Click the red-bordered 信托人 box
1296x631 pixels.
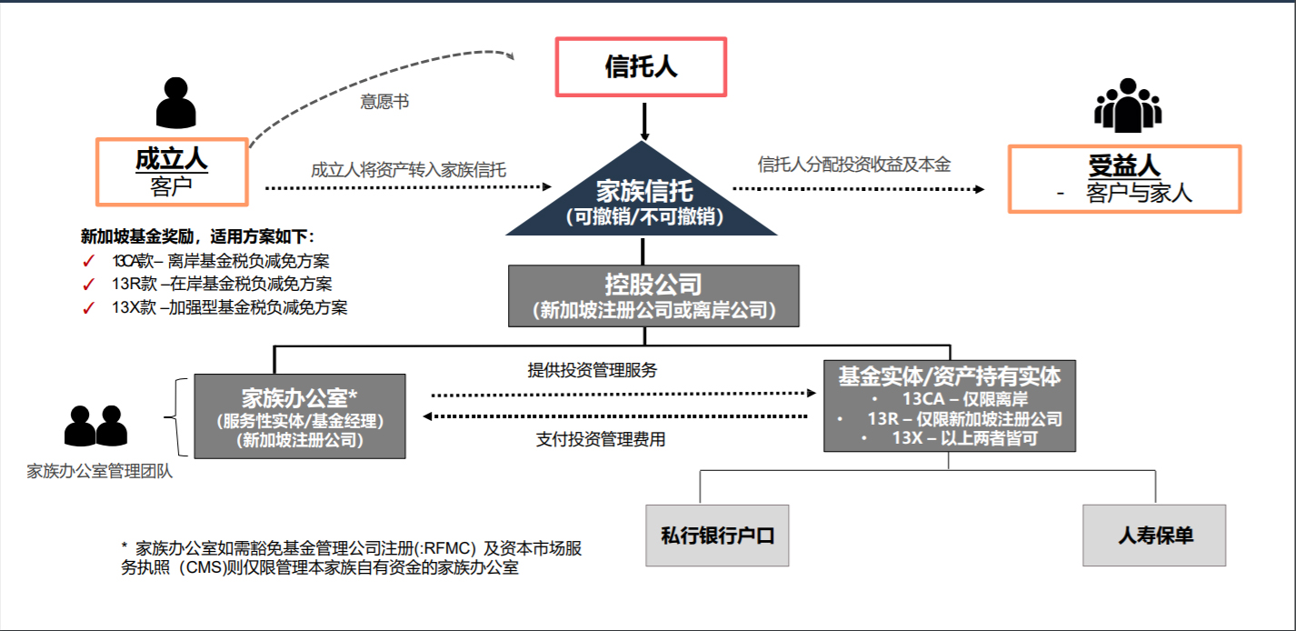click(x=641, y=67)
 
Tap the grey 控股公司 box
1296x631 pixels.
click(x=653, y=295)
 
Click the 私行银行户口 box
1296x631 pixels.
click(x=717, y=536)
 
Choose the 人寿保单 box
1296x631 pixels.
click(x=1154, y=536)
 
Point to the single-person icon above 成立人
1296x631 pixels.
click(x=176, y=103)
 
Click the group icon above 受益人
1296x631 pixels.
click(x=1128, y=105)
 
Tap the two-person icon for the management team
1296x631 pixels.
click(x=95, y=426)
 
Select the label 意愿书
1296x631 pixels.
click(x=384, y=102)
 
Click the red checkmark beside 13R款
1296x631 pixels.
click(x=88, y=285)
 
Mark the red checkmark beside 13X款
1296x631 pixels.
click(x=88, y=308)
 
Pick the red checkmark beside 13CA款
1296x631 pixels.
click(x=88, y=262)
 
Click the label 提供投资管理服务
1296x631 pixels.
click(x=593, y=370)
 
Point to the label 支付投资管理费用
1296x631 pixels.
click(x=601, y=439)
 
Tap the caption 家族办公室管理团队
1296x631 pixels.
click(x=99, y=471)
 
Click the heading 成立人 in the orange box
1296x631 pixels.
click(x=171, y=159)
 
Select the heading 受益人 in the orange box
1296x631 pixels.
click(x=1124, y=166)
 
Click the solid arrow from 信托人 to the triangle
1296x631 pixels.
click(x=644, y=122)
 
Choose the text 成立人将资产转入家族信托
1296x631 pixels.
click(x=408, y=170)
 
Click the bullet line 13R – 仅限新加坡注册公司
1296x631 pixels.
click(x=964, y=418)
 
